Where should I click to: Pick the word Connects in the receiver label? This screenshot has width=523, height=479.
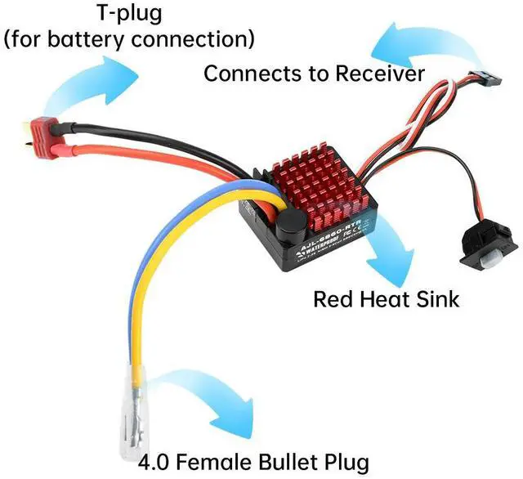pos(249,74)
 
